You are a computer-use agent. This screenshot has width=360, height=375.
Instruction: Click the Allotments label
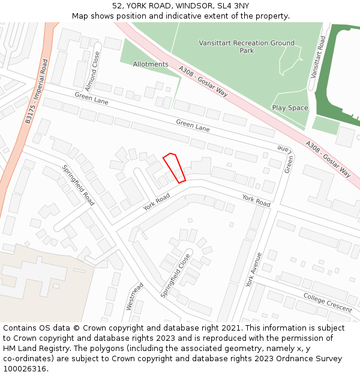[x=151, y=64]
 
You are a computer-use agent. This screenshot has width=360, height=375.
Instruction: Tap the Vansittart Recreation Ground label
[x=247, y=43]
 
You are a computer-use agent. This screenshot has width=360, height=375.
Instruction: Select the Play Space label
[x=290, y=108]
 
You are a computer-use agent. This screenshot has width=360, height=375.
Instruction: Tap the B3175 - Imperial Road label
[x=37, y=91]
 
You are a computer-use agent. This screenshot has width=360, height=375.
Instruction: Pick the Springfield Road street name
[x=78, y=185]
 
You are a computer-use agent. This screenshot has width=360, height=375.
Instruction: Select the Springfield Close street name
[x=175, y=275]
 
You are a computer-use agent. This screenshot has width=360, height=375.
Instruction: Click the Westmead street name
[x=134, y=296]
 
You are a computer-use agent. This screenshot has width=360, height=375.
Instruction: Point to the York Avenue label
[x=254, y=269]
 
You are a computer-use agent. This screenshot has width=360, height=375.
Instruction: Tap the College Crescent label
[x=327, y=303]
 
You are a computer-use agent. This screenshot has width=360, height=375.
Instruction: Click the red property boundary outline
[x=175, y=168]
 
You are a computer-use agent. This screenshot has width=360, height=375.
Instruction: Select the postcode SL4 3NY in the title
[x=229, y=6]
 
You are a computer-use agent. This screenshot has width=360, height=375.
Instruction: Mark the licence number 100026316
[x=25, y=369]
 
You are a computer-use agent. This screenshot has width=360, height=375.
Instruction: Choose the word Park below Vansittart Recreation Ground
[x=247, y=51]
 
